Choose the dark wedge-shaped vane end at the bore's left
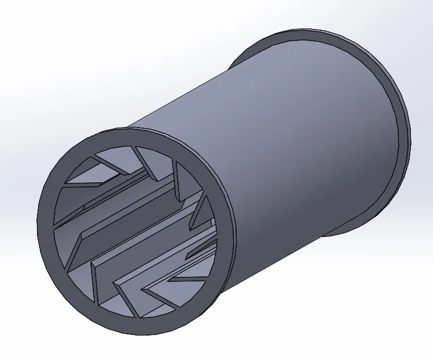tap(73, 248)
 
